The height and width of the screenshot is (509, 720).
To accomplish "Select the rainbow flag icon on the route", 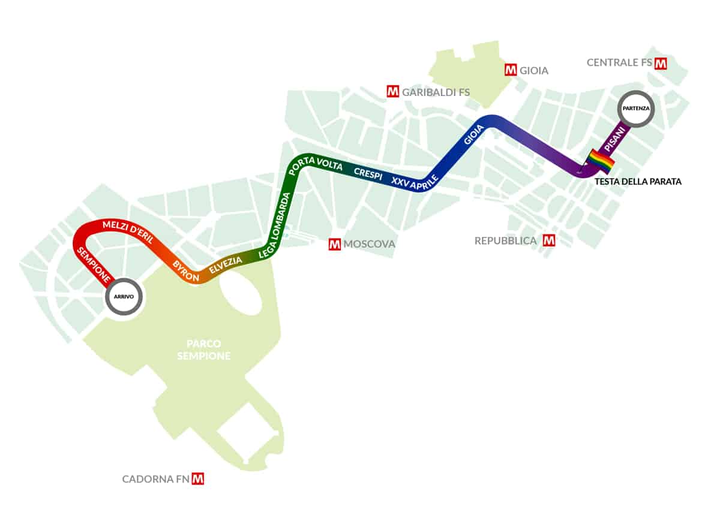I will click(601, 161).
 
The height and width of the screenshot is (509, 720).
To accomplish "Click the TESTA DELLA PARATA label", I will click(638, 181).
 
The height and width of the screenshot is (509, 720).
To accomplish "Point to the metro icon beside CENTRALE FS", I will click(661, 63).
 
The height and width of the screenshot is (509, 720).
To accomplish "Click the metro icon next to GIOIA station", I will click(511, 70).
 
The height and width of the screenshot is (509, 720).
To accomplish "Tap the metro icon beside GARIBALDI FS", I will click(393, 92).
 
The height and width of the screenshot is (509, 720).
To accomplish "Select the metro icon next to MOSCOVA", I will click(335, 244).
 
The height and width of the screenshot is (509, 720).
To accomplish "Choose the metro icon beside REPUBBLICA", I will click(548, 240).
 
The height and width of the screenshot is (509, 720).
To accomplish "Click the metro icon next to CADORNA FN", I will click(197, 478).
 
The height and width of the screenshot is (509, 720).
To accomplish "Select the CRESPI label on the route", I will click(368, 171).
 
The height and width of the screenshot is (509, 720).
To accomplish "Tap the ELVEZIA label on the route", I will click(226, 266).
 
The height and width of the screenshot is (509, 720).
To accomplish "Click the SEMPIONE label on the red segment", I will click(94, 264).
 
